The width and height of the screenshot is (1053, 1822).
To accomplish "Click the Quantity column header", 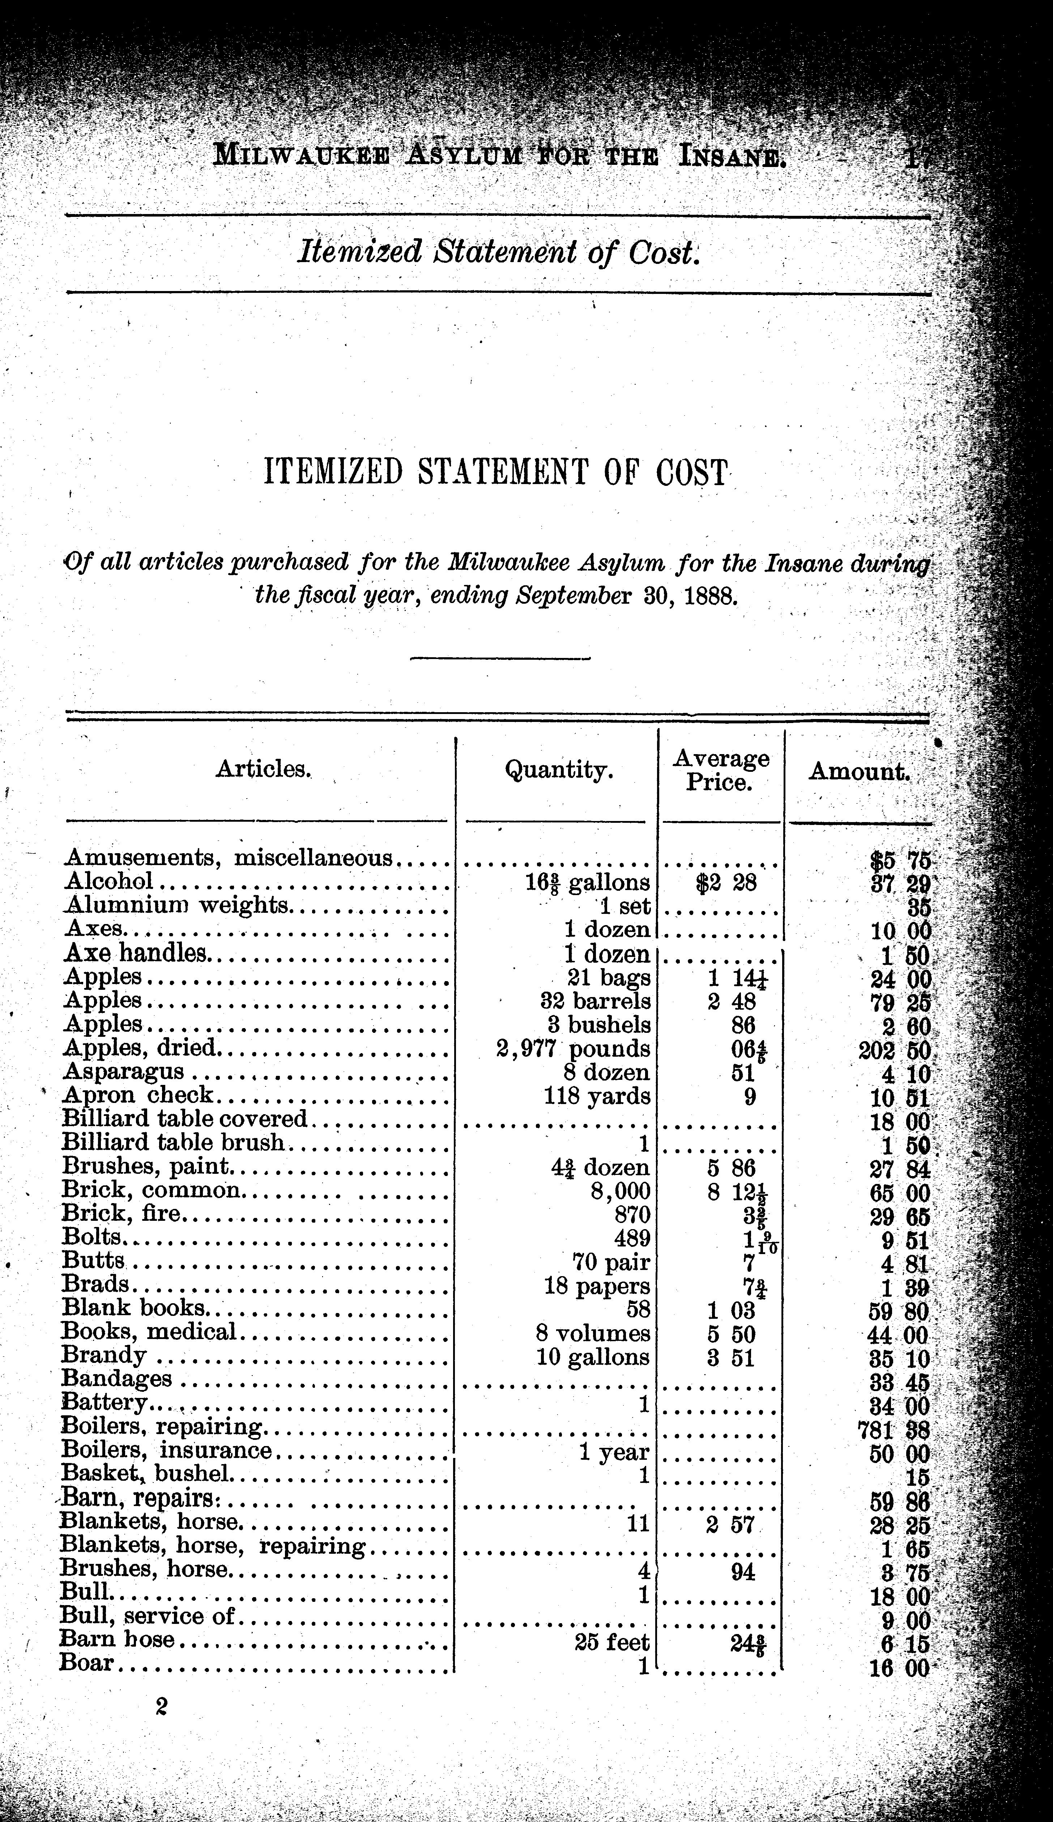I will (x=558, y=771).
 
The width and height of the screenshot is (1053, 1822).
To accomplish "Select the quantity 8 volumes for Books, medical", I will (x=593, y=1332).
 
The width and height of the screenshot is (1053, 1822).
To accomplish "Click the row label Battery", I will (x=105, y=1403).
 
